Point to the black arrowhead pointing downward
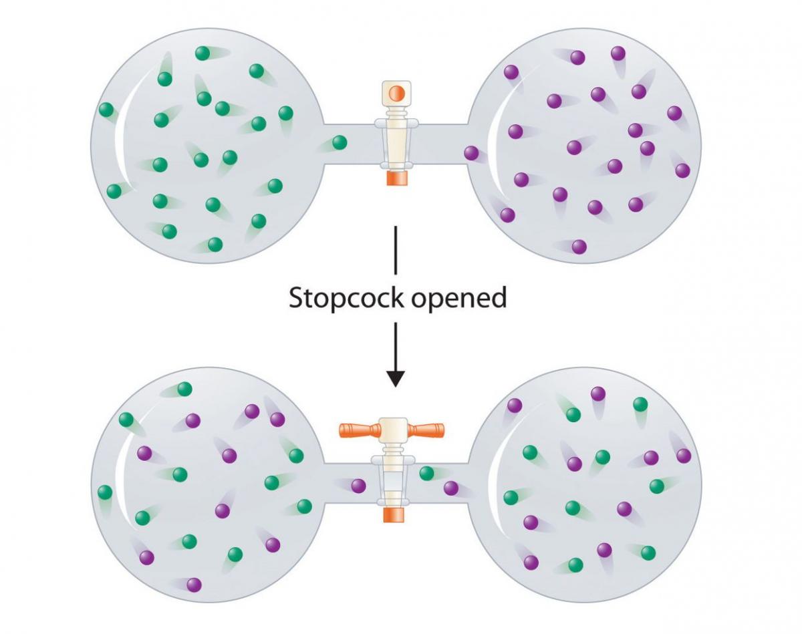[x=396, y=377]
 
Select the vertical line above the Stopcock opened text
[x=396, y=250]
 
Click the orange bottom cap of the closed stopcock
[x=396, y=178]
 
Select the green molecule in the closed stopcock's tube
[x=340, y=142]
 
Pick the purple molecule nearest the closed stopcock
[x=471, y=154]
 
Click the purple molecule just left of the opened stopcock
[x=358, y=486]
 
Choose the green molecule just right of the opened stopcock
[x=426, y=474]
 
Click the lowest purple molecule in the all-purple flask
[x=579, y=247]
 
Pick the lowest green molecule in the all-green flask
[x=215, y=245]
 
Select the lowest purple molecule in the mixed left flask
[x=194, y=585]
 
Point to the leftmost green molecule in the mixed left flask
[x=104, y=492]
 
